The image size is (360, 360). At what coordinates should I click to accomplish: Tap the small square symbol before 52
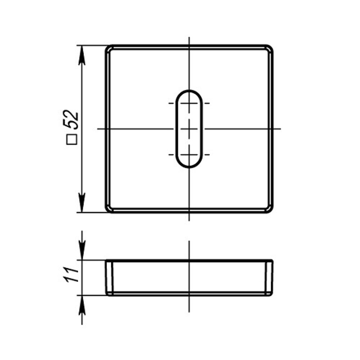[72, 139]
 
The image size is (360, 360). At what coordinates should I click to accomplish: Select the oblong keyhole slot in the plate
[189, 129]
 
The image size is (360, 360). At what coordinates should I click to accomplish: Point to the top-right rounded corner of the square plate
[269, 49]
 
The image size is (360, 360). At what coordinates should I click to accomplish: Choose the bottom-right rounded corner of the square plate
[269, 209]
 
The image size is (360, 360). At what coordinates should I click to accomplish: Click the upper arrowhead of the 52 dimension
[82, 54]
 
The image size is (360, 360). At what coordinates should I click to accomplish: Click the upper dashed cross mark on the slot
[189, 103]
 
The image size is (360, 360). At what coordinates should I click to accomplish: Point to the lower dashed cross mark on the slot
[189, 155]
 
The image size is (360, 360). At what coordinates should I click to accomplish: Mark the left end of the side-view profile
[109, 278]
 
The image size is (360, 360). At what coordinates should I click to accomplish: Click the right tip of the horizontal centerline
[280, 129]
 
